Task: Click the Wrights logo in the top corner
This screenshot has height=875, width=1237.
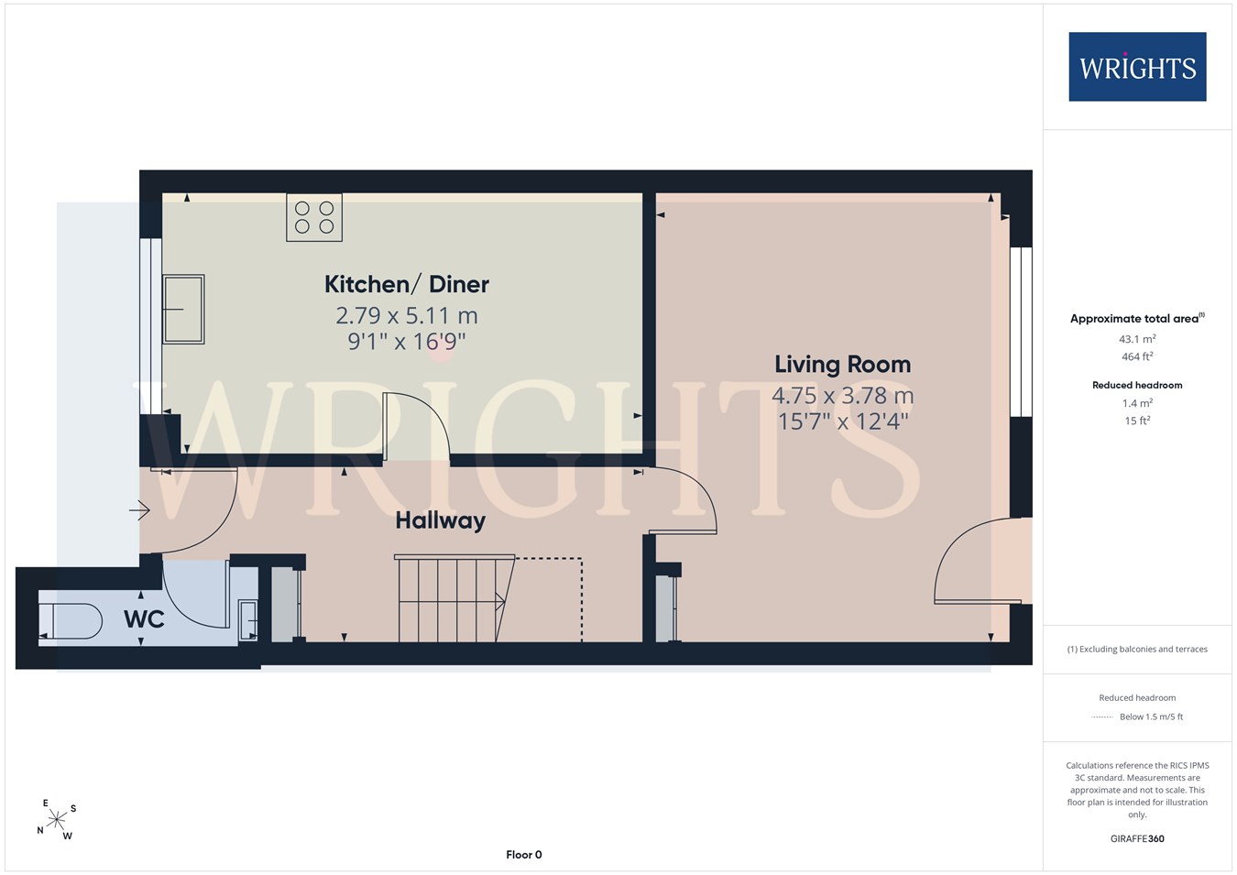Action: (1137, 67)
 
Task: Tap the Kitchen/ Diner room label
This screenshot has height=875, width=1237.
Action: (407, 284)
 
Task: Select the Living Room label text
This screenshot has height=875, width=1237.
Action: (842, 365)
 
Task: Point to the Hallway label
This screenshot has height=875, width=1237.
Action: (440, 520)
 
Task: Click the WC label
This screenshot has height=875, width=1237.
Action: (144, 619)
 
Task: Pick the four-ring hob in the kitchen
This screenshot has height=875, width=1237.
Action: (314, 217)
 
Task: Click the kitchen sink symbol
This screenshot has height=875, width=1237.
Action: (184, 309)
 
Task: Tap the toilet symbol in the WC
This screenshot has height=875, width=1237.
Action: (71, 621)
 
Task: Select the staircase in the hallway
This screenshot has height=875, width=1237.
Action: (454, 598)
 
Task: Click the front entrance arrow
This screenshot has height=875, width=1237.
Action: (139, 510)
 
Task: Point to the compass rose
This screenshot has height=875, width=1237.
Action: (56, 819)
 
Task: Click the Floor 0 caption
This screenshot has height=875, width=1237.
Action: (524, 855)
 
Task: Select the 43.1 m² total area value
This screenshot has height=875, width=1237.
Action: (1137, 339)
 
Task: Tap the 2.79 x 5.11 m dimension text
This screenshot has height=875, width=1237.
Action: (407, 316)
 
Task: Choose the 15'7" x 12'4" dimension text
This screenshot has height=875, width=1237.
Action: (843, 421)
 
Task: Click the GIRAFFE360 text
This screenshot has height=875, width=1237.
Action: (1137, 838)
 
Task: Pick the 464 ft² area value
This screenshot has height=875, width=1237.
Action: (1137, 356)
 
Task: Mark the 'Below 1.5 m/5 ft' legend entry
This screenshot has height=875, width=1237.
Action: (1152, 716)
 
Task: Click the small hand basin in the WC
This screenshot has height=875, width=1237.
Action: (248, 620)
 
